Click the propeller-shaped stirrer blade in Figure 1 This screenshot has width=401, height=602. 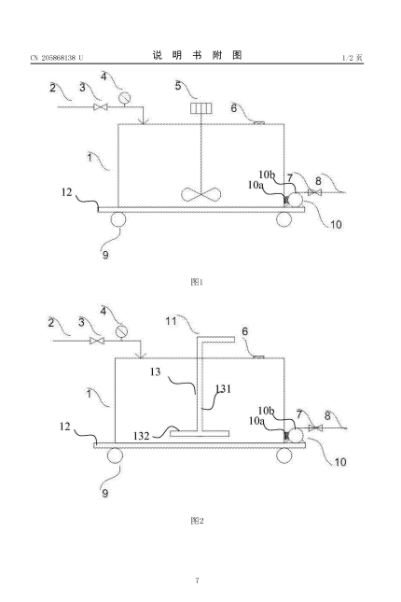click(x=201, y=194)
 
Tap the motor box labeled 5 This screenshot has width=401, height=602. click(x=201, y=108)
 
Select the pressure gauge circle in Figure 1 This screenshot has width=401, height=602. click(x=124, y=98)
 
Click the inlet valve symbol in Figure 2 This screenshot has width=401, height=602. click(x=97, y=341)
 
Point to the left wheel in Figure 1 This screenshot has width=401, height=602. click(x=118, y=220)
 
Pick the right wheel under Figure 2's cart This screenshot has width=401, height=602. click(x=283, y=455)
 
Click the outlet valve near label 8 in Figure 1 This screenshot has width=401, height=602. click(x=314, y=192)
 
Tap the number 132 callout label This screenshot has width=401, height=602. click(x=141, y=436)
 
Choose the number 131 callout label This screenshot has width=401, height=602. click(x=223, y=389)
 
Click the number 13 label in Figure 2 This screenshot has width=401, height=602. click(x=155, y=371)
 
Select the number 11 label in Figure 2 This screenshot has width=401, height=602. click(x=171, y=320)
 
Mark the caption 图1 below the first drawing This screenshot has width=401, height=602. click(x=197, y=282)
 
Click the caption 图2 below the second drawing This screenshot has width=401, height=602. click(x=197, y=521)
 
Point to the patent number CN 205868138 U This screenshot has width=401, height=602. click(x=57, y=58)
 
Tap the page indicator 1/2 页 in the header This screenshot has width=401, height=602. click(x=353, y=58)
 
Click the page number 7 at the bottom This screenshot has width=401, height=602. click(x=198, y=581)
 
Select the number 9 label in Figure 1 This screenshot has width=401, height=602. click(x=105, y=255)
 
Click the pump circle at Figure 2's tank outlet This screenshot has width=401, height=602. click(x=296, y=436)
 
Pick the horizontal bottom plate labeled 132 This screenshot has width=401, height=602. click(x=200, y=434)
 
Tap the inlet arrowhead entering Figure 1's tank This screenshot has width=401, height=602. click(x=143, y=121)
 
